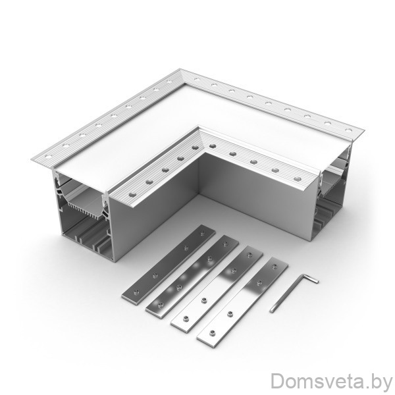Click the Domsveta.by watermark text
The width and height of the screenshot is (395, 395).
(331, 381)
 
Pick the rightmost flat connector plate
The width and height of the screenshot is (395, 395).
(242, 302)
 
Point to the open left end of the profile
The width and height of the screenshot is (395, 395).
(84, 214)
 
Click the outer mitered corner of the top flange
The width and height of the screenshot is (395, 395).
(180, 68)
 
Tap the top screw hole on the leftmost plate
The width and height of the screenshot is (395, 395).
(202, 234)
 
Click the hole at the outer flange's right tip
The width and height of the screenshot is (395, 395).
(348, 130)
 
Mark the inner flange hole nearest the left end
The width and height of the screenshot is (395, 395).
(132, 194)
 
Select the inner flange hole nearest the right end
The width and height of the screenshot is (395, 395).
(298, 179)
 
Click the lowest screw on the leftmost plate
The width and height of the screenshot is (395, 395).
(136, 292)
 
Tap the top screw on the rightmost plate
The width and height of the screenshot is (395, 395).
(275, 266)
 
